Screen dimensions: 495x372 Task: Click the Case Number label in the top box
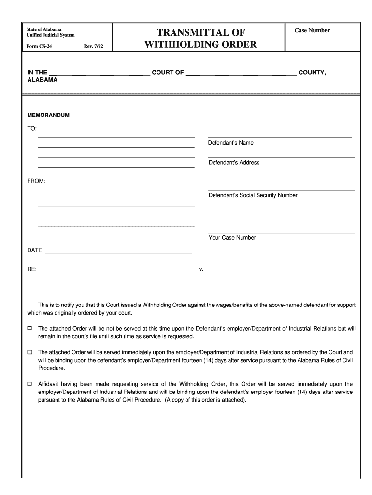click(x=312, y=30)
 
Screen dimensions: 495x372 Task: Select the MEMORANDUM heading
click(x=48, y=116)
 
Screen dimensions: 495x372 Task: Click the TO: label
click(x=32, y=128)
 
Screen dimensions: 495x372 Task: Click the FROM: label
click(x=36, y=181)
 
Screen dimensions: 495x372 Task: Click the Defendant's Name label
click(x=230, y=143)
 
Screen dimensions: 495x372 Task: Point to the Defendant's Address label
click(x=234, y=163)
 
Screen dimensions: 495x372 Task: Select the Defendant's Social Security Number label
click(x=253, y=195)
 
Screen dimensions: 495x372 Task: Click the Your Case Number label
click(x=232, y=238)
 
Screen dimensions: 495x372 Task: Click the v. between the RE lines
click(x=201, y=270)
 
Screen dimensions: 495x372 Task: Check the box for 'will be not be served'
click(x=29, y=328)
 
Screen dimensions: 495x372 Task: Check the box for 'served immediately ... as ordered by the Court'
click(x=29, y=352)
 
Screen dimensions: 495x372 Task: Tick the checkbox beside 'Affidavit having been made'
click(x=29, y=384)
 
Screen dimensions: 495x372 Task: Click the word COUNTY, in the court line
click(x=312, y=73)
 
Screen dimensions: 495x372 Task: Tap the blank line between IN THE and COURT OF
click(x=100, y=75)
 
